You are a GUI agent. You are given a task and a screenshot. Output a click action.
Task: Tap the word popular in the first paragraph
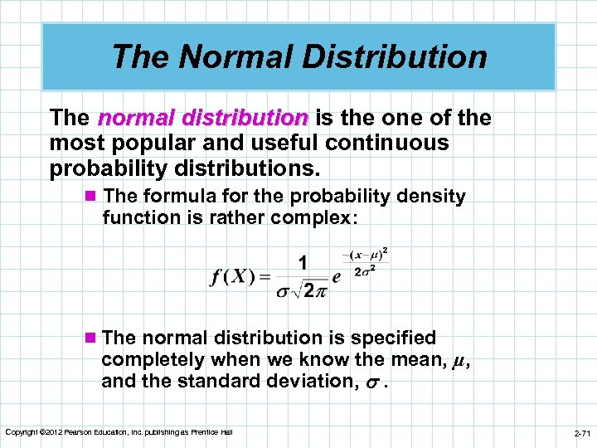pos(155,143)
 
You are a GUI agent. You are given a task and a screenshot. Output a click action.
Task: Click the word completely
pos(153,360)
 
